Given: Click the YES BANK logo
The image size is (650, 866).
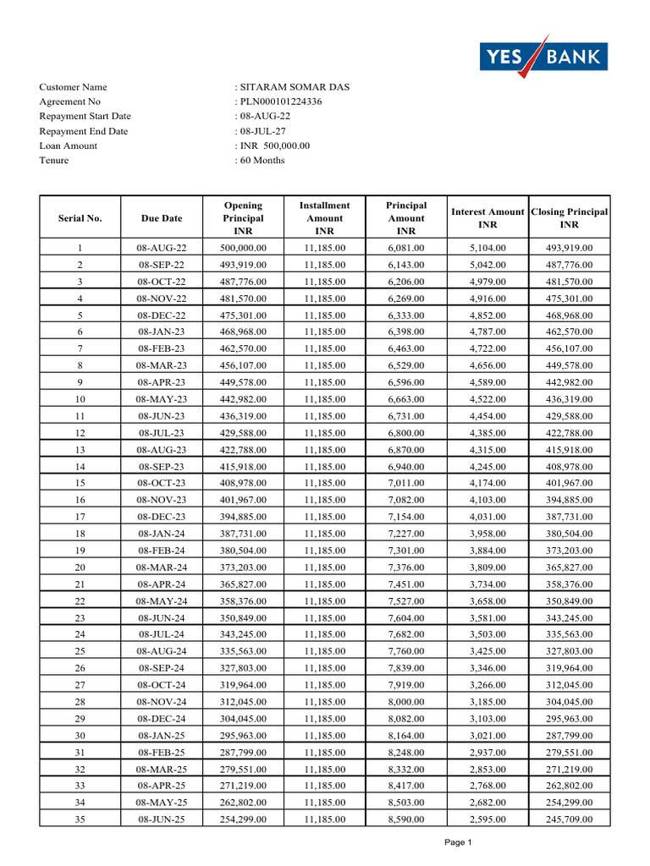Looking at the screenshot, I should (x=543, y=57).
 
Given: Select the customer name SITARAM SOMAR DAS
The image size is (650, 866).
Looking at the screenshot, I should (x=294, y=87).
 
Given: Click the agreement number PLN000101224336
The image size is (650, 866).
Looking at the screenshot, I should (x=280, y=101).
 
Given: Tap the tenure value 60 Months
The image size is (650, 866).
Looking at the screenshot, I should (x=262, y=161).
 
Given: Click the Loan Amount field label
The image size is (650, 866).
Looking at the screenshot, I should (x=68, y=145).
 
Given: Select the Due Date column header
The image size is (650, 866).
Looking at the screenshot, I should (x=162, y=218).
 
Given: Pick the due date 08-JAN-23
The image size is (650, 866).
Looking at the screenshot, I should (x=162, y=332).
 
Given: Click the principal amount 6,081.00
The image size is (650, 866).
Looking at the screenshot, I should (x=406, y=248).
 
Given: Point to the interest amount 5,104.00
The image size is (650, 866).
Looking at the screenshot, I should (x=487, y=248).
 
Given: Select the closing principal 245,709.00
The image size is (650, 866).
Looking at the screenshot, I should (x=570, y=819).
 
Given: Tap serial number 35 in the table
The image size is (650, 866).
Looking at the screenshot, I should (x=80, y=819).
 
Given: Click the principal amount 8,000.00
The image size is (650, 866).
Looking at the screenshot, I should (x=406, y=702).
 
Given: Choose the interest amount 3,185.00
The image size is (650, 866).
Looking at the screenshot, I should (x=487, y=702).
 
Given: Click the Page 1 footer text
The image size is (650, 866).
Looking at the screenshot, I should (x=458, y=842).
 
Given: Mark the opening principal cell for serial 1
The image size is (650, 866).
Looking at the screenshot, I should (x=243, y=248).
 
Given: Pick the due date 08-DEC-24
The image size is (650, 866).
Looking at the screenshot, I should (x=162, y=719).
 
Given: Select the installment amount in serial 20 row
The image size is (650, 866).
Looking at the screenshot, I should (x=325, y=567).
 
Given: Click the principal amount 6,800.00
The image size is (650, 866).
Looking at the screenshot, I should (x=406, y=433).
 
